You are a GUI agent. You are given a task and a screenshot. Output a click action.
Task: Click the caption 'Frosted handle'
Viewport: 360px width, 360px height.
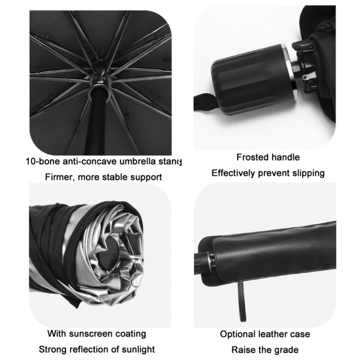click(x=268, y=157)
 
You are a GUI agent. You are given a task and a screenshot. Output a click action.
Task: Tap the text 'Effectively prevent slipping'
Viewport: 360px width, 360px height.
click(x=268, y=173)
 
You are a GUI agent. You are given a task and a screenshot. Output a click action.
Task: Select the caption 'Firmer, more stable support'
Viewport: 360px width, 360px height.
click(x=103, y=177)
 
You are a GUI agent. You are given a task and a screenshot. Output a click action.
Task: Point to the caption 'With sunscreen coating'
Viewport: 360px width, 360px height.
click(x=96, y=333)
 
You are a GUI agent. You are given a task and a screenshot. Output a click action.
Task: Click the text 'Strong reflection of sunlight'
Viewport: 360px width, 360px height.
click(x=96, y=349)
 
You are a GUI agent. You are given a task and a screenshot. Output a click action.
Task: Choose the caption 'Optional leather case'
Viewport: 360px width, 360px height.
click(x=265, y=334)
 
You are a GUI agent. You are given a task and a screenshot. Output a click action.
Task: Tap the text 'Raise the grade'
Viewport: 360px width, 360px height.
click(x=265, y=349)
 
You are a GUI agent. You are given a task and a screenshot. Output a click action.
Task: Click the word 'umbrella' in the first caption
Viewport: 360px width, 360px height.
click(x=135, y=161)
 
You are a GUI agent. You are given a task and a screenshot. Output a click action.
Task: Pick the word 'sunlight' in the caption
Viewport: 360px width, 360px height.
click(x=138, y=349)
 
